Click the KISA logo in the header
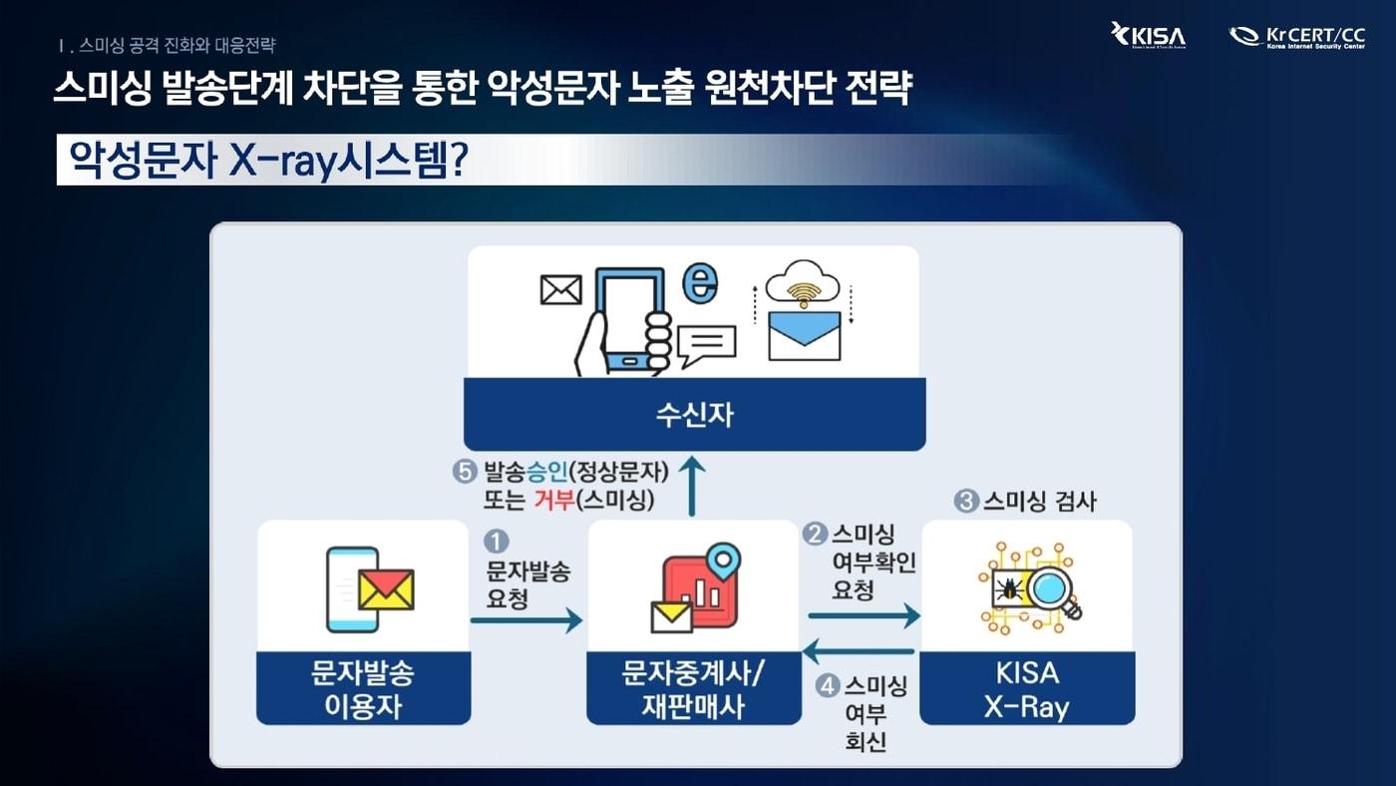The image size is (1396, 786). pyautogui.click(x=1148, y=37)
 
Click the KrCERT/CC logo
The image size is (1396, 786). pyautogui.click(x=1296, y=37)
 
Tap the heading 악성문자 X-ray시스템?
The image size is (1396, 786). pyautogui.click(x=264, y=160)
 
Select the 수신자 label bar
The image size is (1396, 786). pyautogui.click(x=694, y=414)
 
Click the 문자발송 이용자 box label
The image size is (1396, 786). pyautogui.click(x=363, y=689)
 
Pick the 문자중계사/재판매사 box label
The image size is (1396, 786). pyautogui.click(x=693, y=689)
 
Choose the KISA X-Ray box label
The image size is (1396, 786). pyautogui.click(x=1026, y=689)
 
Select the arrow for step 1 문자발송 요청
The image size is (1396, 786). pyautogui.click(x=526, y=620)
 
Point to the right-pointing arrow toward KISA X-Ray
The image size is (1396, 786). pyautogui.click(x=864, y=615)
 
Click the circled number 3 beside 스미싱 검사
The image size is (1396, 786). pyautogui.click(x=965, y=501)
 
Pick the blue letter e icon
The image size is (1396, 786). pyautogui.click(x=699, y=283)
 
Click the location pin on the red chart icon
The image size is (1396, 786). pyautogui.click(x=722, y=559)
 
